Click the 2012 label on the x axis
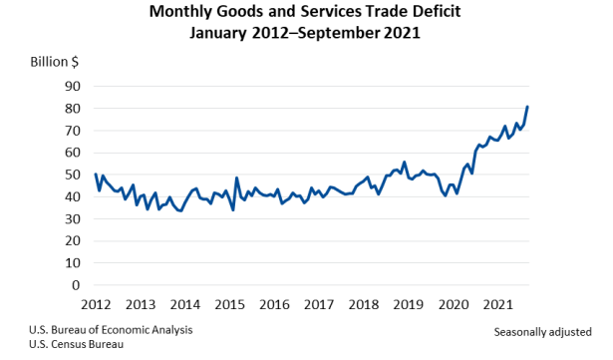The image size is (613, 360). point(95,304)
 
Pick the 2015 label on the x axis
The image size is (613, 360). point(229,304)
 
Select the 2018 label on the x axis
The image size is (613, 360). point(364,304)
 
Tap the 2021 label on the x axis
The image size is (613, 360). point(498,304)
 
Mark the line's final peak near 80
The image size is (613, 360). point(527,107)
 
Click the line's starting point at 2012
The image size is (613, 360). point(96,175)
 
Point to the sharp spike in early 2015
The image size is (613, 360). point(236,178)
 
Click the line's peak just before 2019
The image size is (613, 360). point(404,162)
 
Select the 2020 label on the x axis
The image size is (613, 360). point(454,304)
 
